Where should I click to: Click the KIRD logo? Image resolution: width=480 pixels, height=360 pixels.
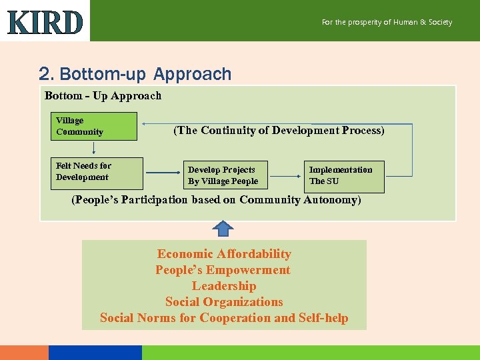45,23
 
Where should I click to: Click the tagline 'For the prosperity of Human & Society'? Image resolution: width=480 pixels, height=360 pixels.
387,22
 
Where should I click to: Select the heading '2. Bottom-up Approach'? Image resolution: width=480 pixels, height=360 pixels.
135,74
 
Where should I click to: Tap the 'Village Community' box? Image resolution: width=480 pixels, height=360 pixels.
96,126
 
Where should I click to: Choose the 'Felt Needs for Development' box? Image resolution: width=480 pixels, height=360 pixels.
97,173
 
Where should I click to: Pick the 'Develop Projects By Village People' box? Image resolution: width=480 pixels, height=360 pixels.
223,175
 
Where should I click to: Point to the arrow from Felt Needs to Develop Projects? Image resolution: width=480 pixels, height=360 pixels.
163,173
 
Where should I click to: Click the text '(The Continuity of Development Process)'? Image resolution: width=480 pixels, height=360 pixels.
279,131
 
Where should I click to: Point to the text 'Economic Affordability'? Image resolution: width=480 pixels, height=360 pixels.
224,254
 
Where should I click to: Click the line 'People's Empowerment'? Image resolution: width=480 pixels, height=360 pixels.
223,270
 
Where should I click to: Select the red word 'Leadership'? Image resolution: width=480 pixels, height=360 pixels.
224,286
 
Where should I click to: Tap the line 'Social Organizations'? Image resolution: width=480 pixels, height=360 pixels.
224,302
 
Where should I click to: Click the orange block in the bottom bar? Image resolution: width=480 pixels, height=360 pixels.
24,352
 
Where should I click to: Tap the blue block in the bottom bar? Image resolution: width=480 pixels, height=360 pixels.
95,352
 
